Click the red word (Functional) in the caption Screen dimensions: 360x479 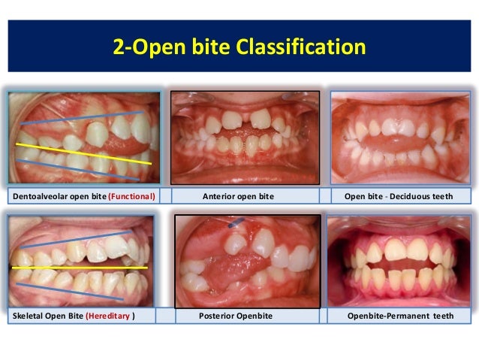[132, 197]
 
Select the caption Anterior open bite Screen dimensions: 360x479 [239, 197]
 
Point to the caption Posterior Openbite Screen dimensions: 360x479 [239, 316]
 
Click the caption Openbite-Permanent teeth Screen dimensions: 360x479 [400, 316]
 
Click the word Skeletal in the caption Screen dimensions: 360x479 [28, 316]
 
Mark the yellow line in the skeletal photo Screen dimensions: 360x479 [83, 267]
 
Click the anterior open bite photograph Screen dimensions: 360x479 [245, 137]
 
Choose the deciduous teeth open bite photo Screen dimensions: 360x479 [400, 137]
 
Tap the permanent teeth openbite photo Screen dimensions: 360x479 [400, 261]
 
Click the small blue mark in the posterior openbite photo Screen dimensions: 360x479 [235, 222]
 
